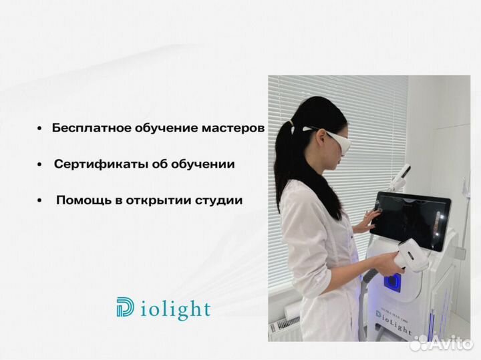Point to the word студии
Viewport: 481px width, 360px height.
coord(219,200)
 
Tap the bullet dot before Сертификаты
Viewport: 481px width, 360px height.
coord(40,164)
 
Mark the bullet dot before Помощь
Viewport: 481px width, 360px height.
coord(40,200)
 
